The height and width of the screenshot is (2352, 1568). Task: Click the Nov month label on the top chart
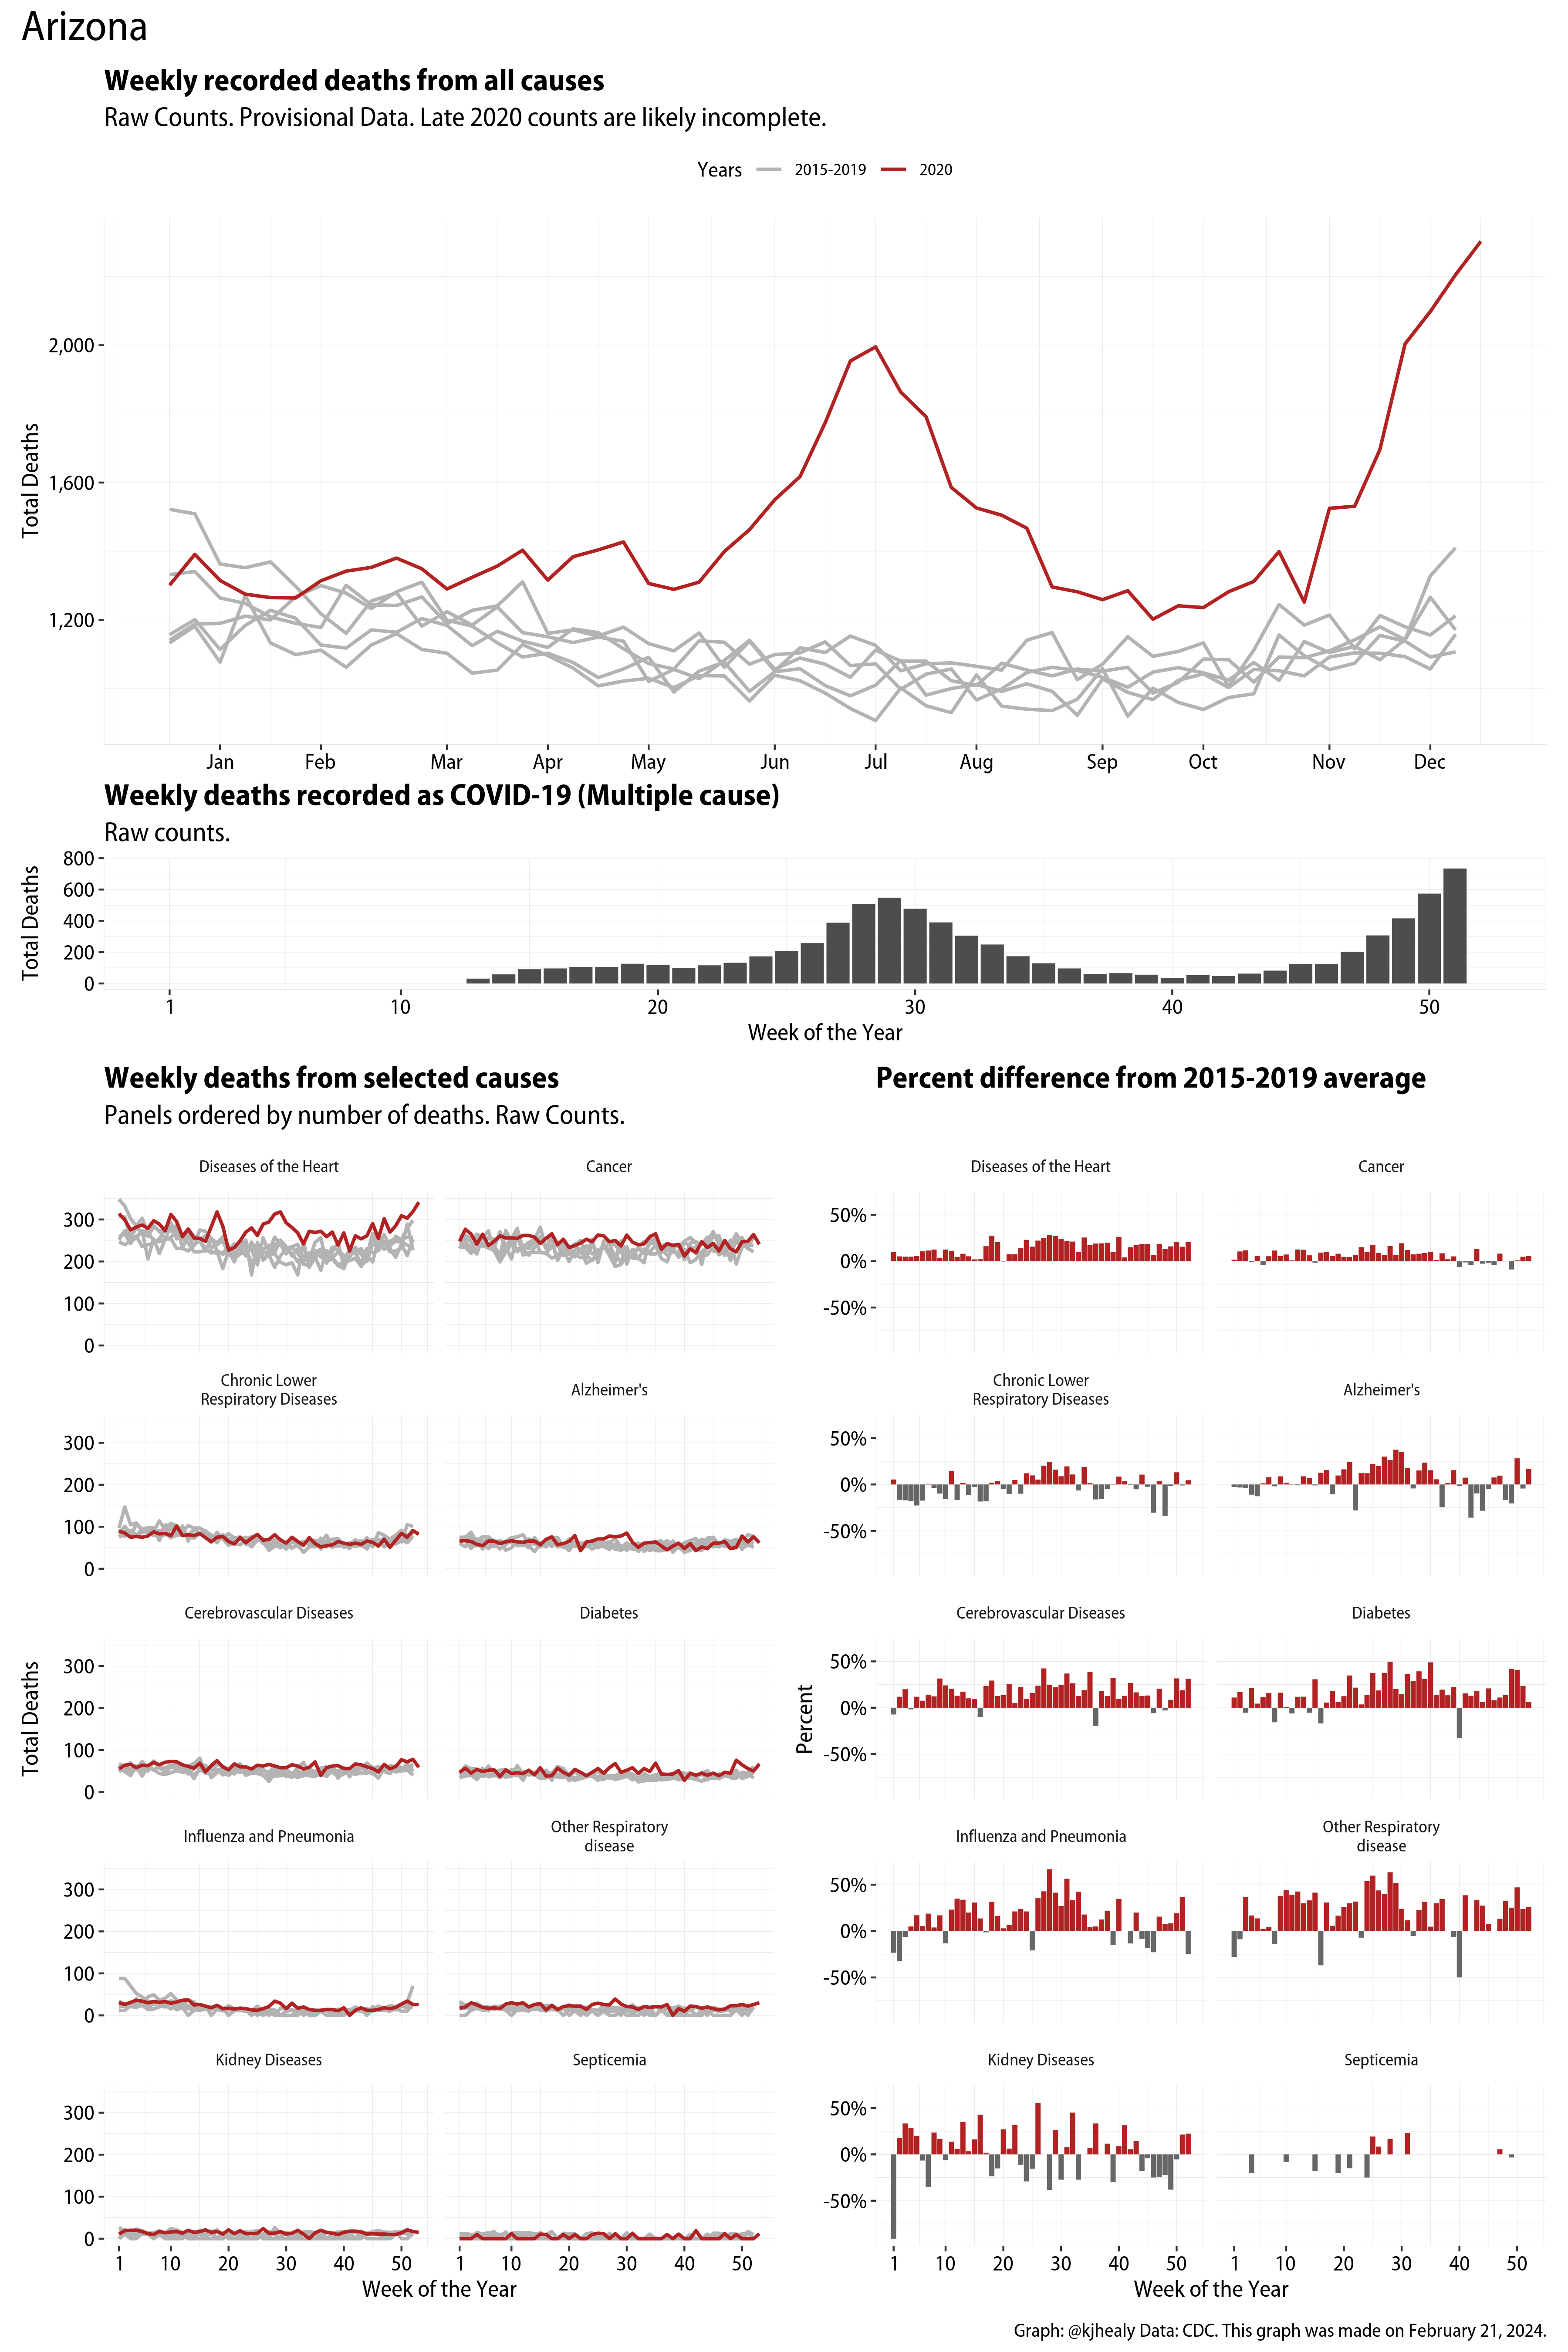coord(1328,762)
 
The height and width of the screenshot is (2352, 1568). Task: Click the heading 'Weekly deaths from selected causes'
coord(331,1078)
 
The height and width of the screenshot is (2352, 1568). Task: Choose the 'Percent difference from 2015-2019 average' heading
coord(1150,1078)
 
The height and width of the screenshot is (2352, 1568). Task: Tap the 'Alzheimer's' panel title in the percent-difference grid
coord(1381,1390)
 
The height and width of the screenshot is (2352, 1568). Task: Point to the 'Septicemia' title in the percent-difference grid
coord(1381,2060)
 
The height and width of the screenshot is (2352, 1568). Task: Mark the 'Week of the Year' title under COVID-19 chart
coord(825,1033)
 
